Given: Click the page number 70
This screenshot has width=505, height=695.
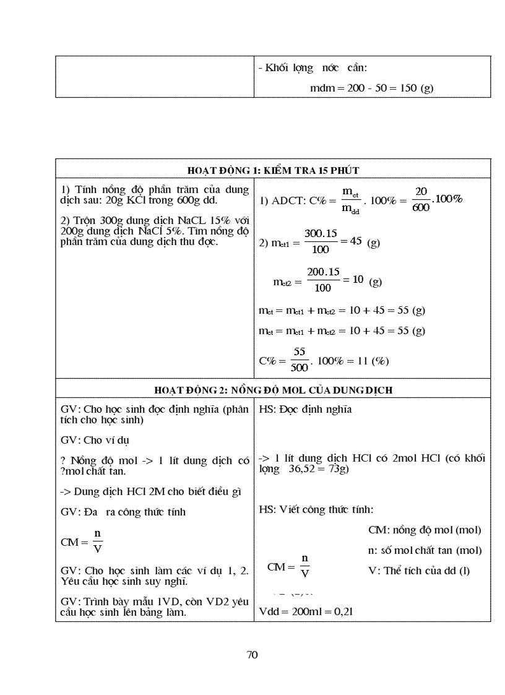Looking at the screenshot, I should pos(252,655).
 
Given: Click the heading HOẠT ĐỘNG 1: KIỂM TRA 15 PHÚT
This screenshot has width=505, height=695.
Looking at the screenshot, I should pos(273,170).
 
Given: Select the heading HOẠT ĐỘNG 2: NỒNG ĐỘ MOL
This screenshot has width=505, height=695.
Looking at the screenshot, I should pos(273,390).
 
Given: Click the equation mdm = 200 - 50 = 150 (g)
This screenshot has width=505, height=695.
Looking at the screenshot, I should pos(371,88).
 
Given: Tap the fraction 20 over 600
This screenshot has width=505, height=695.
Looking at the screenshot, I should pos(420,200).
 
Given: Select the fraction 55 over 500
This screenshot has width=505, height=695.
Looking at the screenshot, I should pos(300,360).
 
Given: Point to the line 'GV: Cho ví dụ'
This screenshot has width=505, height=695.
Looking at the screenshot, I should pos(95,440).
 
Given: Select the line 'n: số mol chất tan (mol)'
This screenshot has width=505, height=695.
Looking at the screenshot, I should pos(425,550).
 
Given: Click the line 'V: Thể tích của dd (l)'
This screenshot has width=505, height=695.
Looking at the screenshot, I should pos(418,571).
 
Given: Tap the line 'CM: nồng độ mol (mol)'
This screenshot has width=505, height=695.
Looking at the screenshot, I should pos(424,530).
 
